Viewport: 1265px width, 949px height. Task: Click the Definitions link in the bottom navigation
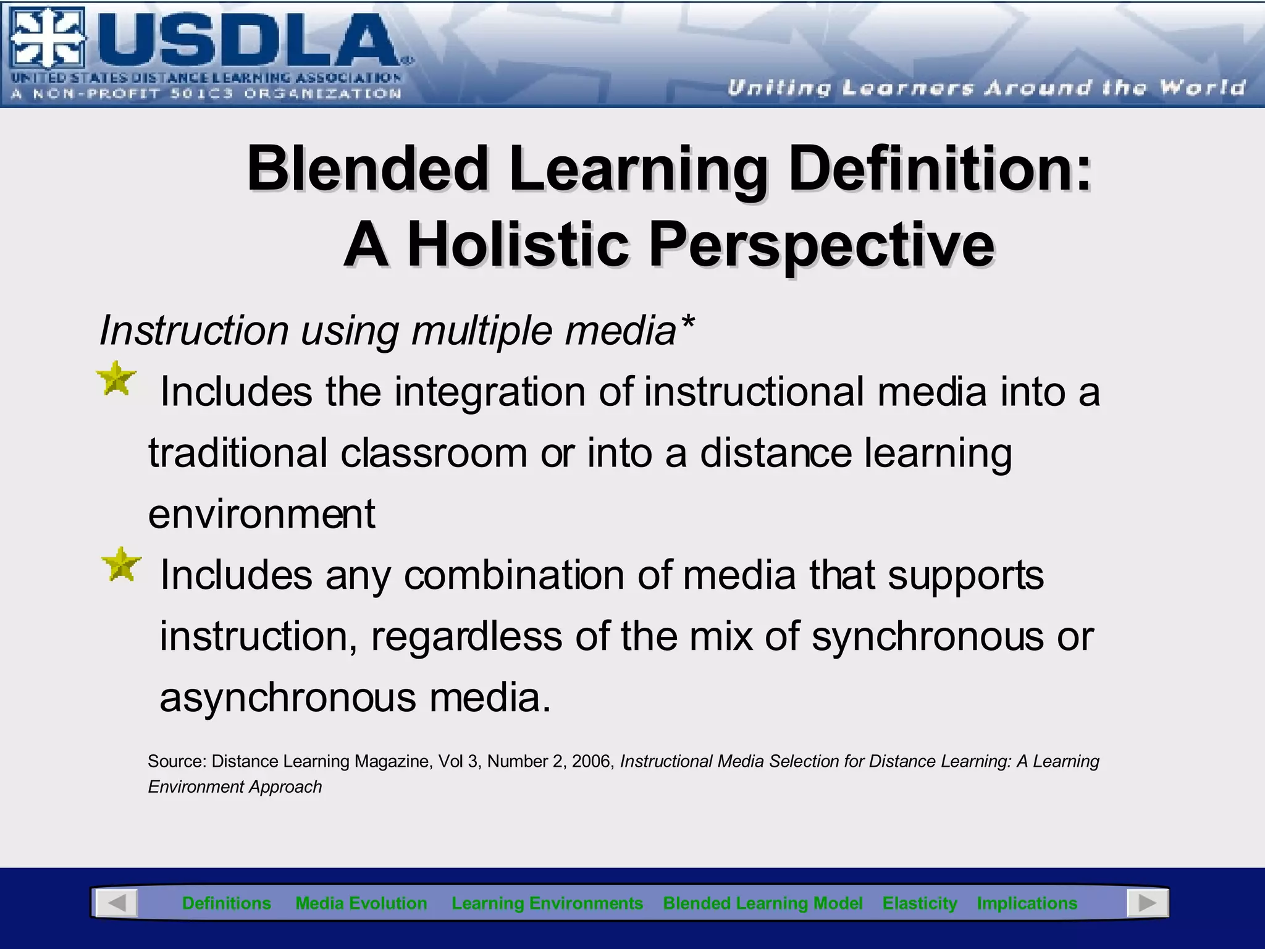click(226, 903)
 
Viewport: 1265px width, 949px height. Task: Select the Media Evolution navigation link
click(361, 903)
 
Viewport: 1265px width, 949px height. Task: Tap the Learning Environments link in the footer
click(547, 903)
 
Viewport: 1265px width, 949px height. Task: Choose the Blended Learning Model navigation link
click(762, 903)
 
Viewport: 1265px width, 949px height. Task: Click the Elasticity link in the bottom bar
click(920, 903)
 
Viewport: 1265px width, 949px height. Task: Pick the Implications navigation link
click(1027, 903)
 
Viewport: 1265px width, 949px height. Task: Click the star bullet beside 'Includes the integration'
click(116, 379)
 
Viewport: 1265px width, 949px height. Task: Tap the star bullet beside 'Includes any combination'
click(121, 564)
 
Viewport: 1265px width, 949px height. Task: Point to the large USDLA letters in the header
click(247, 41)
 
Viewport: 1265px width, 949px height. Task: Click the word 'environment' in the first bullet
click(261, 514)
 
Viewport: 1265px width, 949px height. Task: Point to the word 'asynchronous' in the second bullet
click(288, 698)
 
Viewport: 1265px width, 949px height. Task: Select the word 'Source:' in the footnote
click(177, 761)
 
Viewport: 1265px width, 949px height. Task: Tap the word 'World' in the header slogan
click(1202, 88)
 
